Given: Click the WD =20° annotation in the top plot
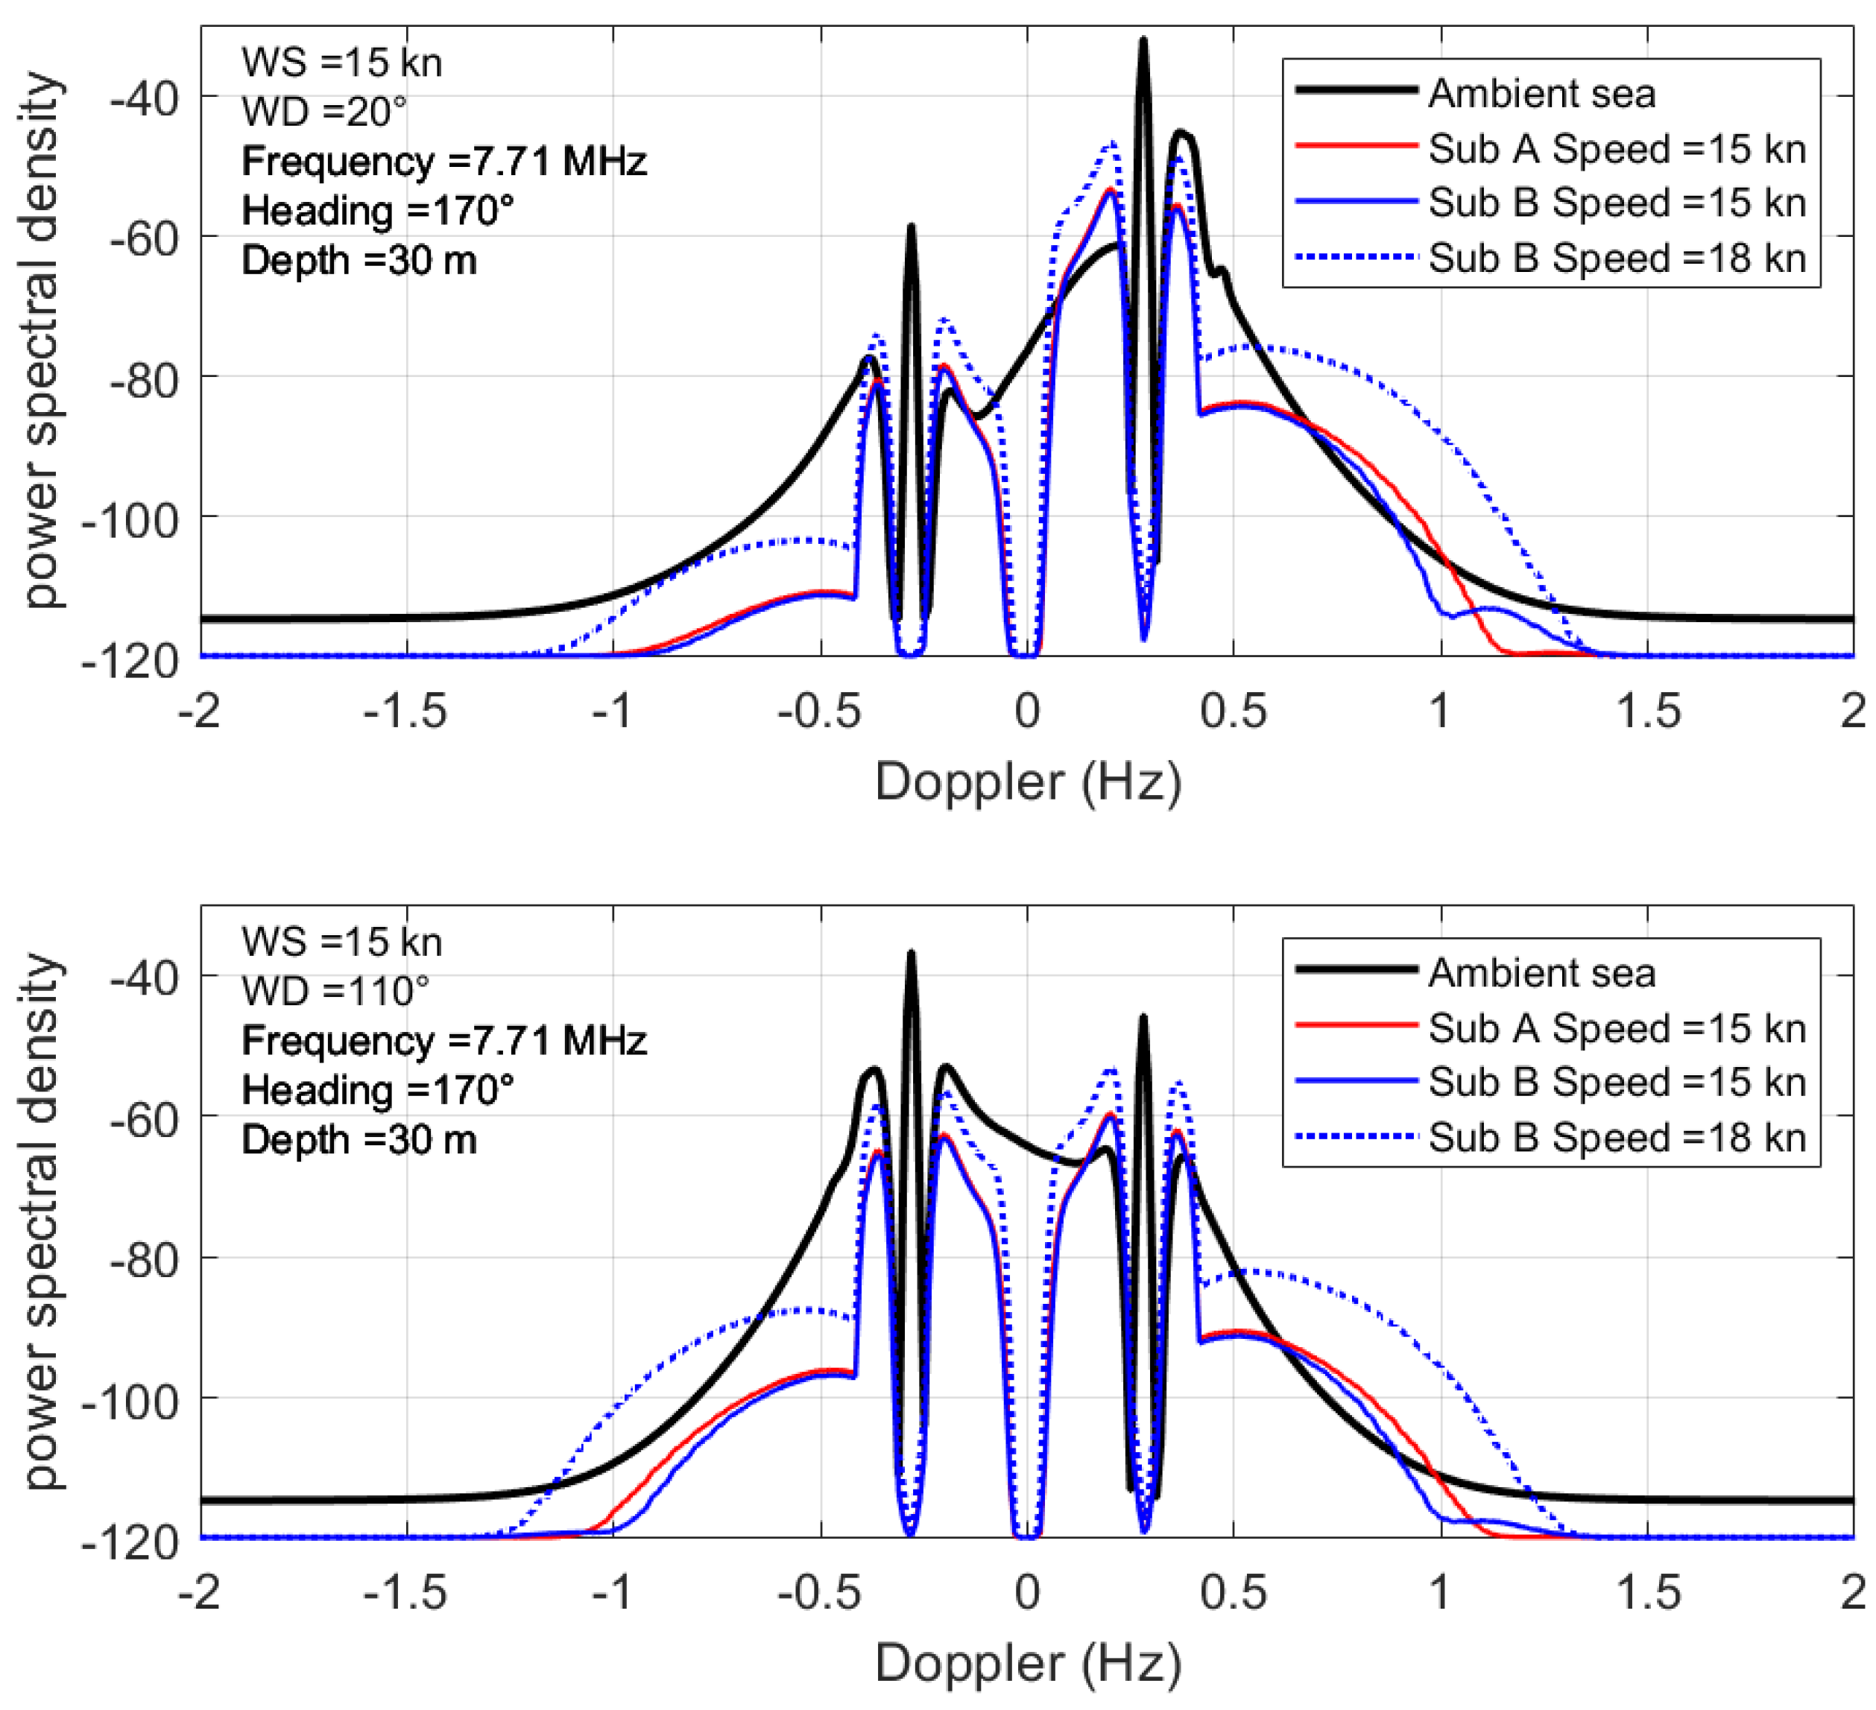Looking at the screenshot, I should [323, 113].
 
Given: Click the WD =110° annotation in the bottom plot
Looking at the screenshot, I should [335, 992].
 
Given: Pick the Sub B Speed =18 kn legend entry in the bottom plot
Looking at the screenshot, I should [1617, 1137].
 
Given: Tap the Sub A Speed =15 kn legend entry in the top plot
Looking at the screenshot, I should [1617, 149].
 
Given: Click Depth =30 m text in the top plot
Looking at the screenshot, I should [359, 261].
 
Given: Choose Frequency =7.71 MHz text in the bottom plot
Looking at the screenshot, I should [444, 1040].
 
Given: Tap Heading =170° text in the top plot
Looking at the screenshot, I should [378, 211].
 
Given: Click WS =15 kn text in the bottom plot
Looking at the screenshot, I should [341, 943].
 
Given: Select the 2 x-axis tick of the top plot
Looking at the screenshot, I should [1853, 712].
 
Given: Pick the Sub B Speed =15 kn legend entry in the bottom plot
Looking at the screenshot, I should [1617, 1082].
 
